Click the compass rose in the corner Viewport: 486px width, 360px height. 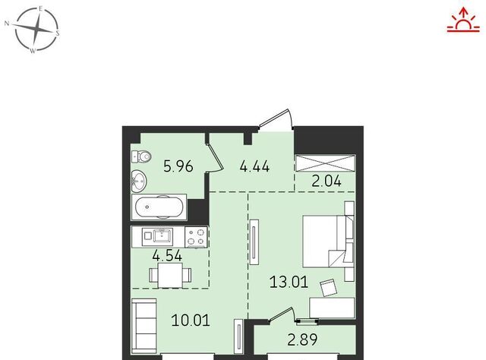(x=36, y=29)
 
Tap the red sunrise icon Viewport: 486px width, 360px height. (x=463, y=20)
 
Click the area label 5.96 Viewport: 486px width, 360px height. (x=178, y=166)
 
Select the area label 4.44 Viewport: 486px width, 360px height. (x=254, y=167)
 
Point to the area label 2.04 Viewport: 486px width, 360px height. (x=327, y=181)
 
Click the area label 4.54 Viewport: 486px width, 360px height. (x=167, y=256)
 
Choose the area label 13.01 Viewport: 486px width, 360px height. (x=289, y=283)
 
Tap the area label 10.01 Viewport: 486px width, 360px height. (x=191, y=320)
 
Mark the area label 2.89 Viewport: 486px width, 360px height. (x=302, y=339)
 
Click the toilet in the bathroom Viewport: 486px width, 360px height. (x=141, y=156)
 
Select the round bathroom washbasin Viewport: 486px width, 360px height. (x=138, y=180)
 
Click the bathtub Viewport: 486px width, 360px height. (x=159, y=207)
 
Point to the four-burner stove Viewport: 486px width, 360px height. (x=196, y=237)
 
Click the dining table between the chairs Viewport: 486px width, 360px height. (x=170, y=276)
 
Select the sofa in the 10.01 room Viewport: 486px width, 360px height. (x=144, y=326)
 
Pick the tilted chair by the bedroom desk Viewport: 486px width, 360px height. (x=329, y=288)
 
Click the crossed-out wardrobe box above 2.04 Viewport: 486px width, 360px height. (x=326, y=163)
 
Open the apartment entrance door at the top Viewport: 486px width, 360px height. (x=276, y=118)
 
